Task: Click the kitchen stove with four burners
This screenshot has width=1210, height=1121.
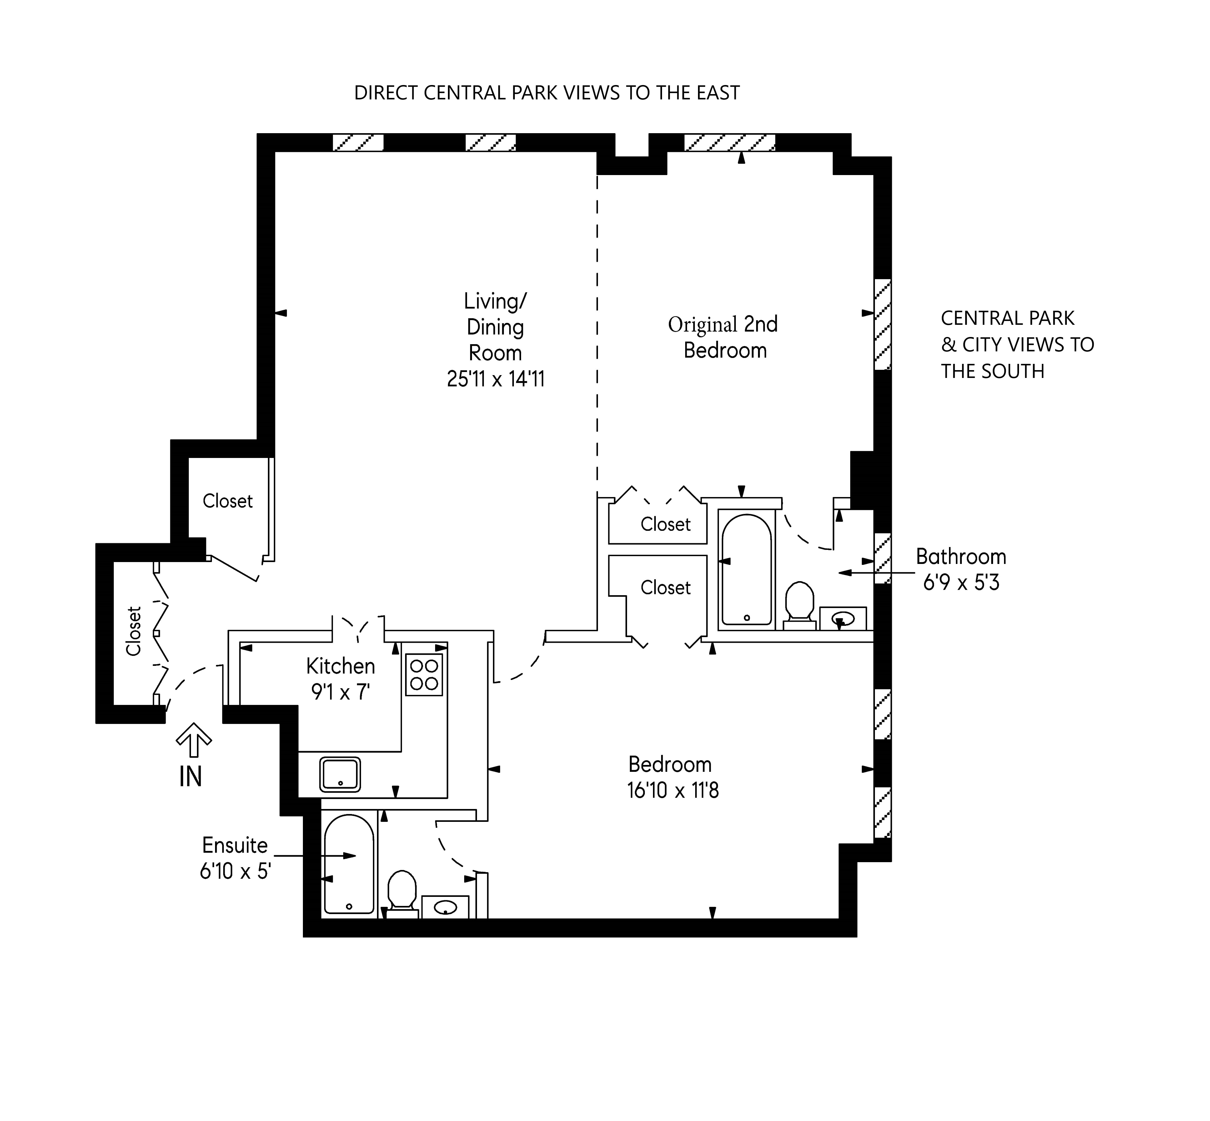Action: point(424,675)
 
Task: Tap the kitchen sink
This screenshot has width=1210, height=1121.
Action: point(340,775)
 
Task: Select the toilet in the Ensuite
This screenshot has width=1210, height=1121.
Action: point(402,892)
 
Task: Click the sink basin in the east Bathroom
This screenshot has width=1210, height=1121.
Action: point(842,619)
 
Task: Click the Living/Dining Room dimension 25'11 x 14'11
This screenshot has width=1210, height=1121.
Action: point(495,379)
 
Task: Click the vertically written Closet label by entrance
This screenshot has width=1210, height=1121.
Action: point(133,631)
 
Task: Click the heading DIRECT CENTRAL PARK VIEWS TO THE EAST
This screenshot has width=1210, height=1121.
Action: point(546,93)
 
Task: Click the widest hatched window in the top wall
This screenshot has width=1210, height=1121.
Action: point(730,143)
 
